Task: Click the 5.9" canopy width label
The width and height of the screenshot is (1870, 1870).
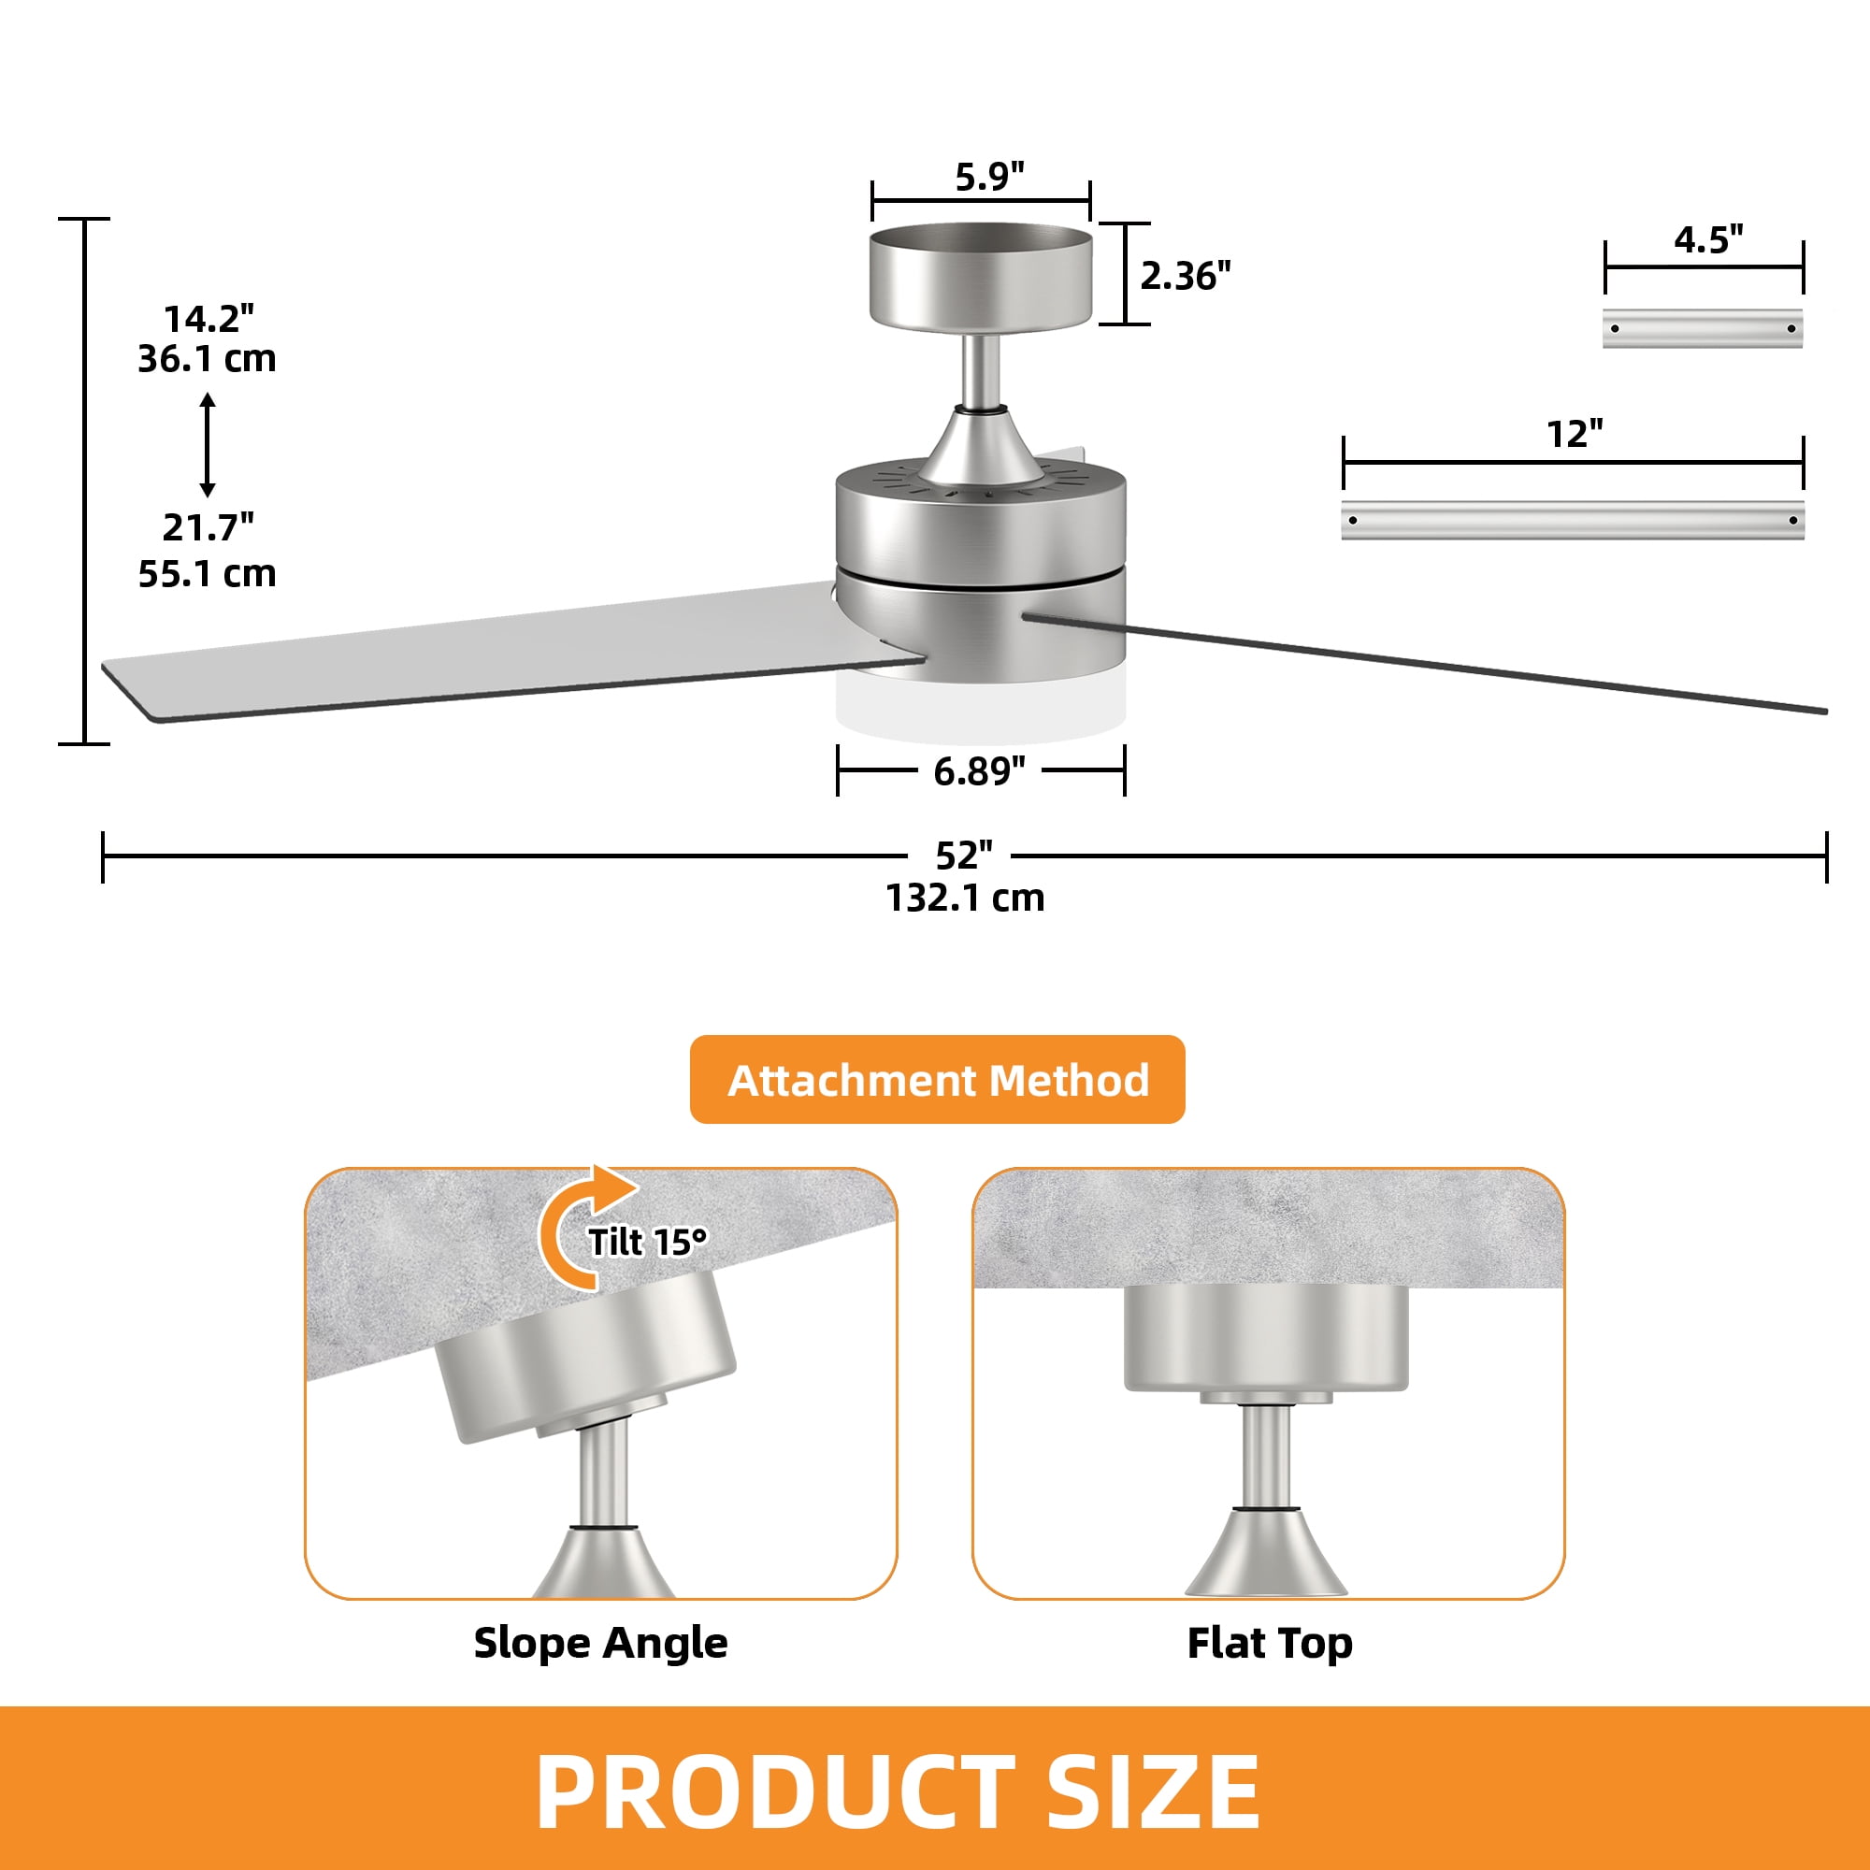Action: (989, 177)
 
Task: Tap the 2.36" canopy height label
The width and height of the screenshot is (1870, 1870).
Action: (1186, 277)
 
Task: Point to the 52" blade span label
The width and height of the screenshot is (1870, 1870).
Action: (964, 856)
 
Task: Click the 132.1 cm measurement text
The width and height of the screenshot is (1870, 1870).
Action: (965, 899)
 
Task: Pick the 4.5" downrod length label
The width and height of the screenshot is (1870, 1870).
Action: (1709, 239)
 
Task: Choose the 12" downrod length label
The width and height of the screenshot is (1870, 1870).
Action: (1575, 434)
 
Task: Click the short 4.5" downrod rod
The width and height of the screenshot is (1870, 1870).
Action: (1703, 328)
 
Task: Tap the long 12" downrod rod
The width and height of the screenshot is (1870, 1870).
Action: (1573, 520)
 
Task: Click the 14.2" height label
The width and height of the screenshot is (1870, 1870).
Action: (209, 319)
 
